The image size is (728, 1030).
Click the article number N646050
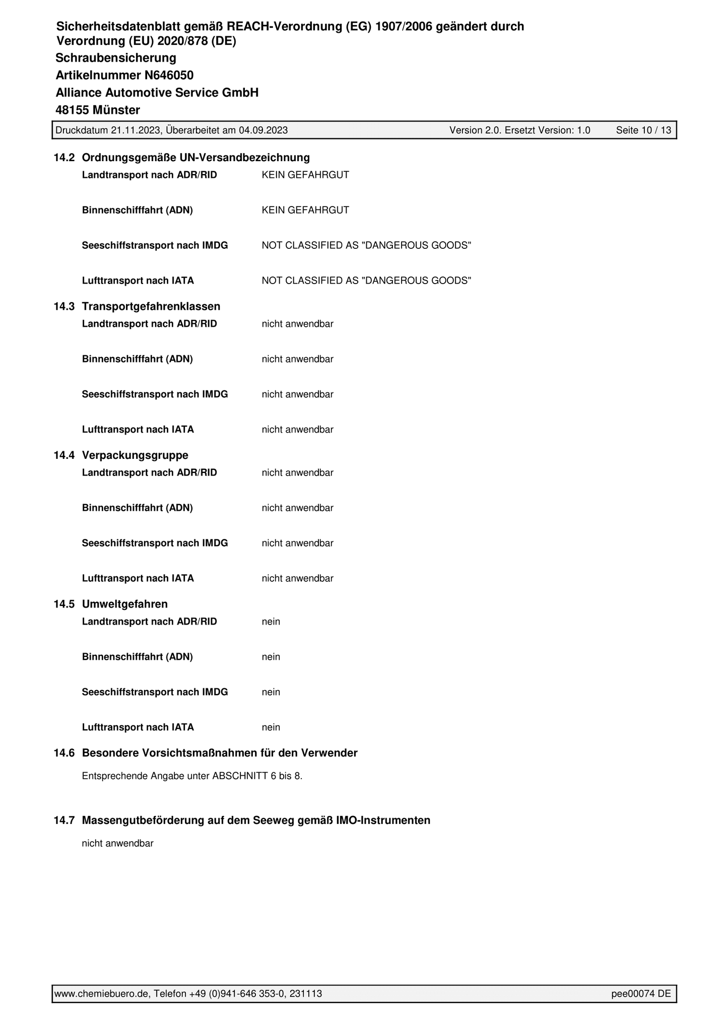point(169,76)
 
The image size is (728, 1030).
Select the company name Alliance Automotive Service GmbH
point(157,93)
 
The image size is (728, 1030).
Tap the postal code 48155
point(73,110)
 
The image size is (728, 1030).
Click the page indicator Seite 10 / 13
point(643,130)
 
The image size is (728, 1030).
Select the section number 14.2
point(64,158)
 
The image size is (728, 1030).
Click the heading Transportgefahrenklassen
point(151,306)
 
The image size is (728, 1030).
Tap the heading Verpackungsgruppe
point(135,455)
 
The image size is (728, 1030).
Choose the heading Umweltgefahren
point(125,604)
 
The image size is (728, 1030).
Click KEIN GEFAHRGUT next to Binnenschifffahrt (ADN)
point(305,210)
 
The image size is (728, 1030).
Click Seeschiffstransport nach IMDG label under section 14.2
point(155,245)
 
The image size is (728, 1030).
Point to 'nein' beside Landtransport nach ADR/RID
point(271,622)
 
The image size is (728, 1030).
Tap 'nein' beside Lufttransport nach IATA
point(271,727)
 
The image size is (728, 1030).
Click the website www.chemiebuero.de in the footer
point(101,994)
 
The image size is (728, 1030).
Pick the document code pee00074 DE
point(641,994)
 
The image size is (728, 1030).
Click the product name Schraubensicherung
point(116,58)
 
